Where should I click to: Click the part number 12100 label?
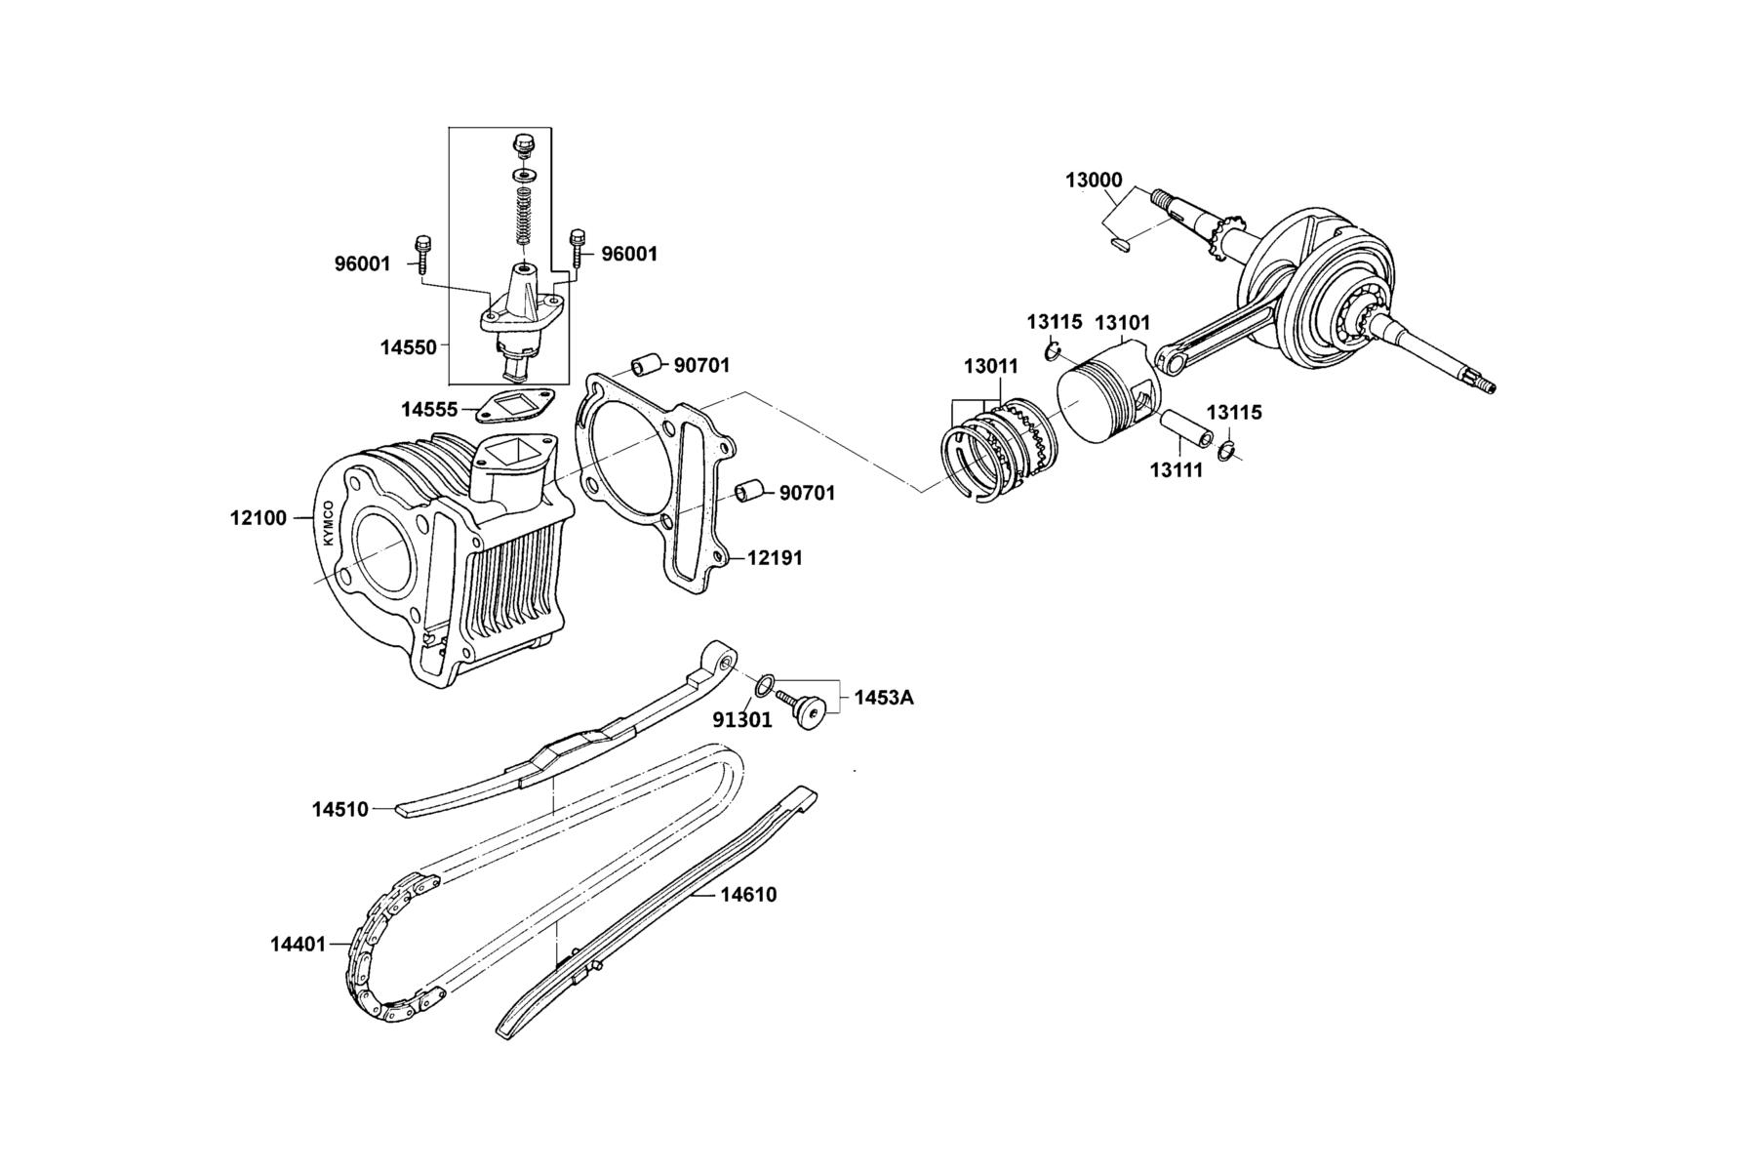259,518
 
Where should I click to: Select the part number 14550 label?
408,346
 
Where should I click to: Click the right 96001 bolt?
579,249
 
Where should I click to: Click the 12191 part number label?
776,558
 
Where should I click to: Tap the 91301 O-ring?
766,682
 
